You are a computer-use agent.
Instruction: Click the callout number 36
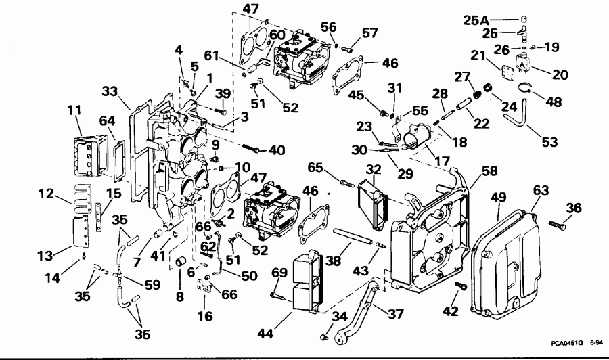coord(573,208)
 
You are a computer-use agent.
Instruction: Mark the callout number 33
coord(111,91)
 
